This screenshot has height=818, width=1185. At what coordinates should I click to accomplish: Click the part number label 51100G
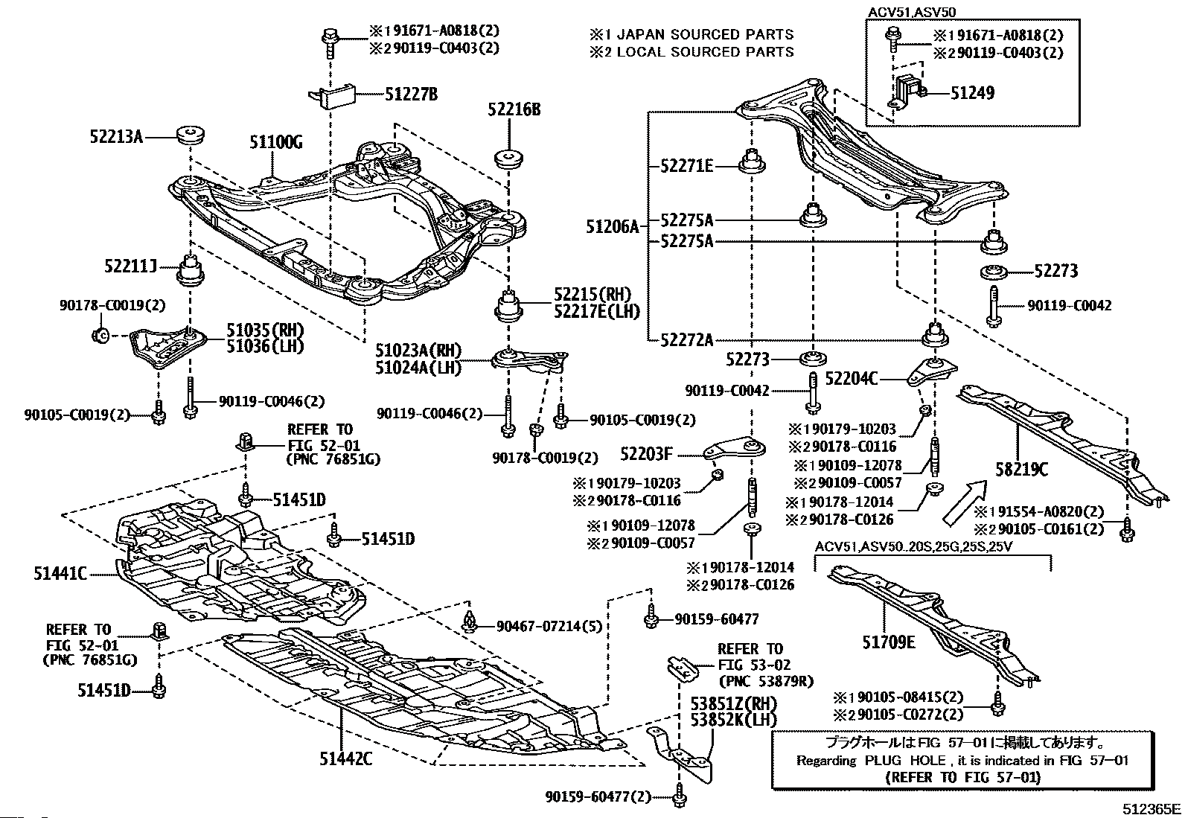click(275, 144)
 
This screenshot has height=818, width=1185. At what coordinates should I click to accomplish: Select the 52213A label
click(115, 136)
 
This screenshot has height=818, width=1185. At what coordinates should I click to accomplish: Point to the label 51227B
click(411, 94)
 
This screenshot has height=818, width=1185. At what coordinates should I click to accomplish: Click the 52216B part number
click(514, 110)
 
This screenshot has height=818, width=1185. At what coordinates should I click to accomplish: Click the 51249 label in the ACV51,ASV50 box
click(972, 93)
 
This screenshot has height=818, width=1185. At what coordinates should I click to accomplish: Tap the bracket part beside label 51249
click(907, 92)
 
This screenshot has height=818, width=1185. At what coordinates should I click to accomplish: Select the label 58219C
click(1022, 469)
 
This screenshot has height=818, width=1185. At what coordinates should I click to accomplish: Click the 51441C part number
click(60, 573)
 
